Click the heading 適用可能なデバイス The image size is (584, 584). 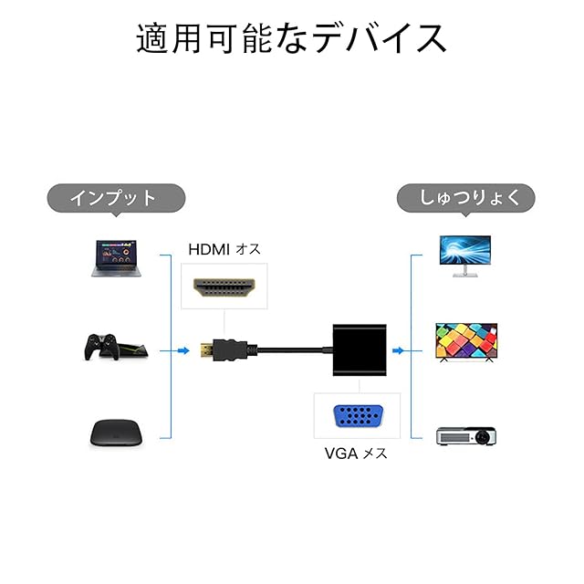(291, 40)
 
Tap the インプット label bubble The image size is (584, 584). (116, 197)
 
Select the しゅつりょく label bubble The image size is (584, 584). (465, 197)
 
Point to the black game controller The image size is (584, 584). (102, 348)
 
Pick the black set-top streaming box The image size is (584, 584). (117, 432)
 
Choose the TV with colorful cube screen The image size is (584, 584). (464, 344)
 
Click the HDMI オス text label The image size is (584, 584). (224, 249)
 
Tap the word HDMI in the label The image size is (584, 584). (210, 249)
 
